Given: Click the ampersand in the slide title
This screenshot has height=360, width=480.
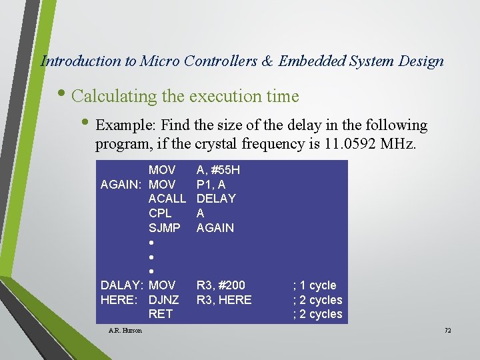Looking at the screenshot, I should [x=267, y=61].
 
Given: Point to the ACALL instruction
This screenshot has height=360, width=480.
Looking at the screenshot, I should [x=167, y=199].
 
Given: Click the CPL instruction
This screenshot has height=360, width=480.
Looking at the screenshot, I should [x=160, y=213].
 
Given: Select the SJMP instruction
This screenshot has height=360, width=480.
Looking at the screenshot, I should [x=164, y=228].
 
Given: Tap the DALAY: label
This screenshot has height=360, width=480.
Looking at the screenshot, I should [x=122, y=285].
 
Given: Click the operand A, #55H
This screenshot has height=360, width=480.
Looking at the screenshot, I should [x=218, y=170].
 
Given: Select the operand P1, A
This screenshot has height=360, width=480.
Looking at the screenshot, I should [x=211, y=185].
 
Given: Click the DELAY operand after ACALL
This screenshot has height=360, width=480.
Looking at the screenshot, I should [x=216, y=199].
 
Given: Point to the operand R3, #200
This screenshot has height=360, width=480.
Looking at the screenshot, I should [x=219, y=285].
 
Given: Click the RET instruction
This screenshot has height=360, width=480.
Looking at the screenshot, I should [x=161, y=314].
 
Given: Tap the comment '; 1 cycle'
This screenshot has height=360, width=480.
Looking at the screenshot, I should [x=315, y=285].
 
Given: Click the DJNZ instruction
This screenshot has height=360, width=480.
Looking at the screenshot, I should [x=163, y=300].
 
